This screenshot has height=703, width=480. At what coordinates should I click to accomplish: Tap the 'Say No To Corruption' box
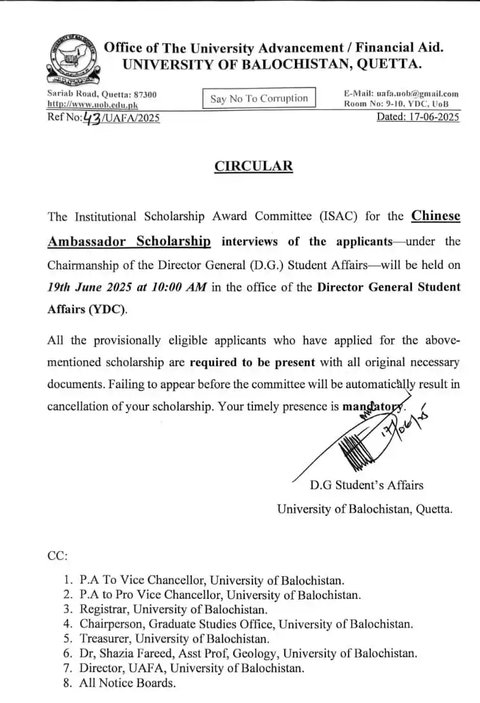259,98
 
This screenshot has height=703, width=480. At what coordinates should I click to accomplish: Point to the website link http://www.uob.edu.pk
93,105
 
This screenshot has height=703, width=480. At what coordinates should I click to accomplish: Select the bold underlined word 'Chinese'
436,216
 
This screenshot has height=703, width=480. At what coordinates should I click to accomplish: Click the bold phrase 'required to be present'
252,363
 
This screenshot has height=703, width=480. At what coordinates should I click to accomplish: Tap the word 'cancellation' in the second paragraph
79,406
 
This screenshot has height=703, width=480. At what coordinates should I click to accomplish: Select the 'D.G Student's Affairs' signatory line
366,485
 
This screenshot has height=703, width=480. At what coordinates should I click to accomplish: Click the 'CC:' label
58,556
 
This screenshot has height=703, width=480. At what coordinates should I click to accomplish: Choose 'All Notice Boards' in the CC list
127,683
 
